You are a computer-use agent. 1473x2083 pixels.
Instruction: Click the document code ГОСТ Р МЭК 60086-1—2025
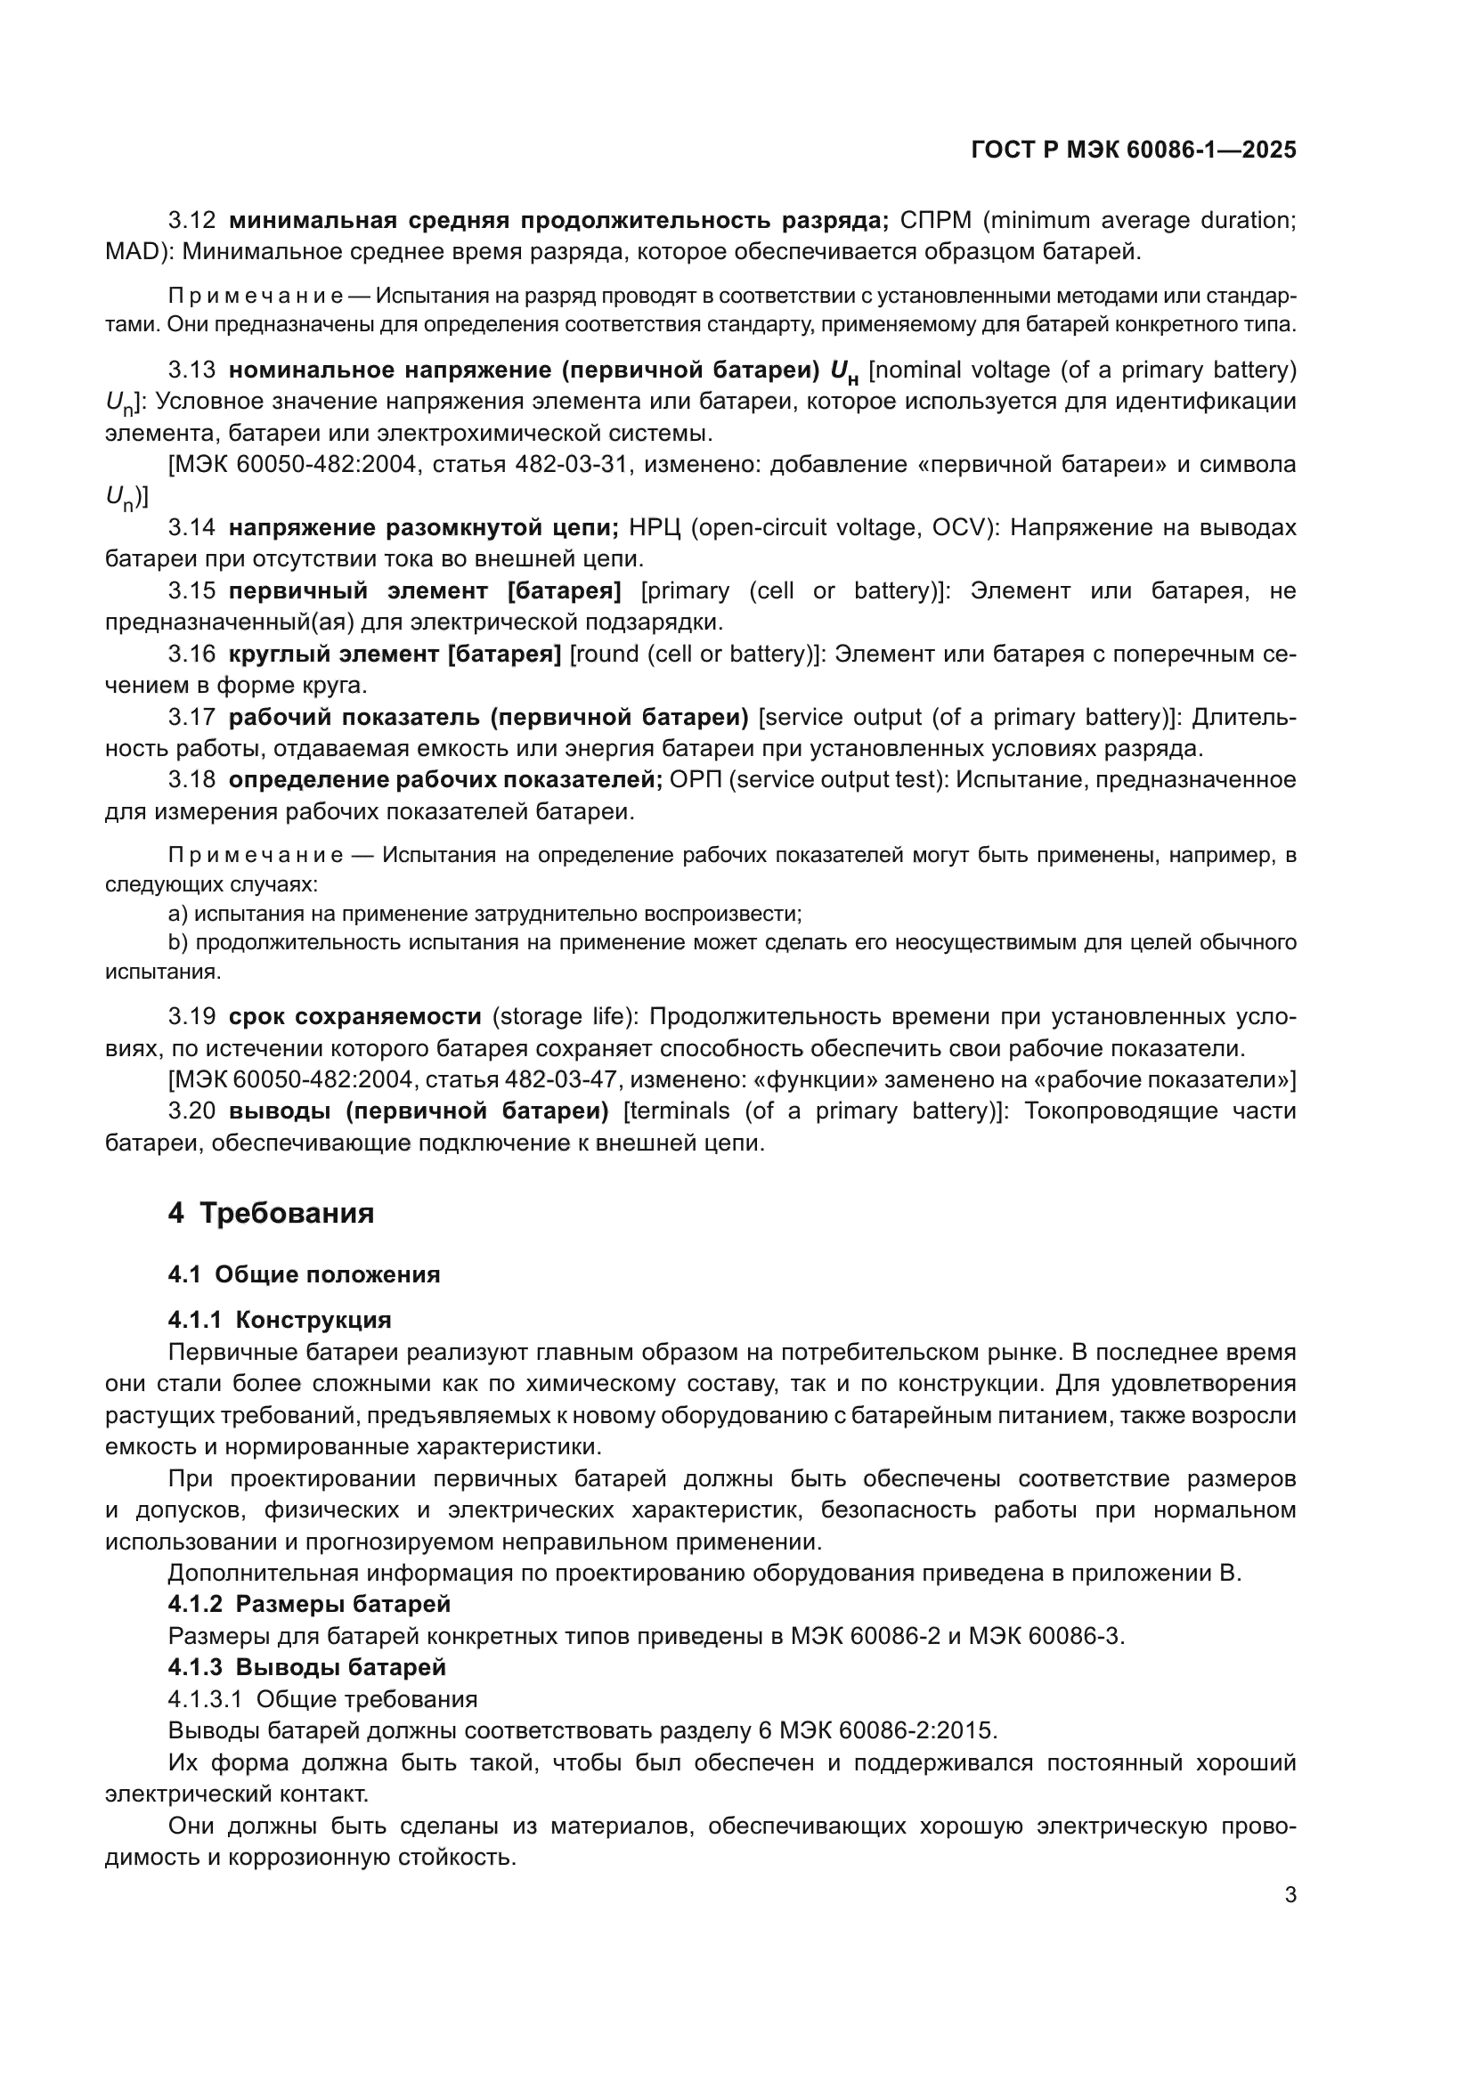pos(1133,151)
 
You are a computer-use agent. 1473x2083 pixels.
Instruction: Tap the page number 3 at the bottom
pos(1290,1895)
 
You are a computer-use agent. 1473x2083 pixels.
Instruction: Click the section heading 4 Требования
pos(271,1213)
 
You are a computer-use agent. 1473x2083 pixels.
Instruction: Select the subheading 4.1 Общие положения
pos(304,1274)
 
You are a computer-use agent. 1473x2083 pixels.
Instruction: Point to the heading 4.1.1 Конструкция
pos(280,1319)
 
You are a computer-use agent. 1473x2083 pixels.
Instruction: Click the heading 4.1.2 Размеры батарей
pos(308,1604)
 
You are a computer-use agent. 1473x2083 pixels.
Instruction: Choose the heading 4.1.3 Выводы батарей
pos(306,1666)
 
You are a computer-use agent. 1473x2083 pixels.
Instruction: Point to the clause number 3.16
pos(192,655)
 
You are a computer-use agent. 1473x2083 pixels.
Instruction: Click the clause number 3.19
pos(192,1016)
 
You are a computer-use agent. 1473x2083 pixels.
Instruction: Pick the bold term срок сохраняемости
pos(354,1016)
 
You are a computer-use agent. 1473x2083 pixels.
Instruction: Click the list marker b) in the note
pos(178,942)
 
